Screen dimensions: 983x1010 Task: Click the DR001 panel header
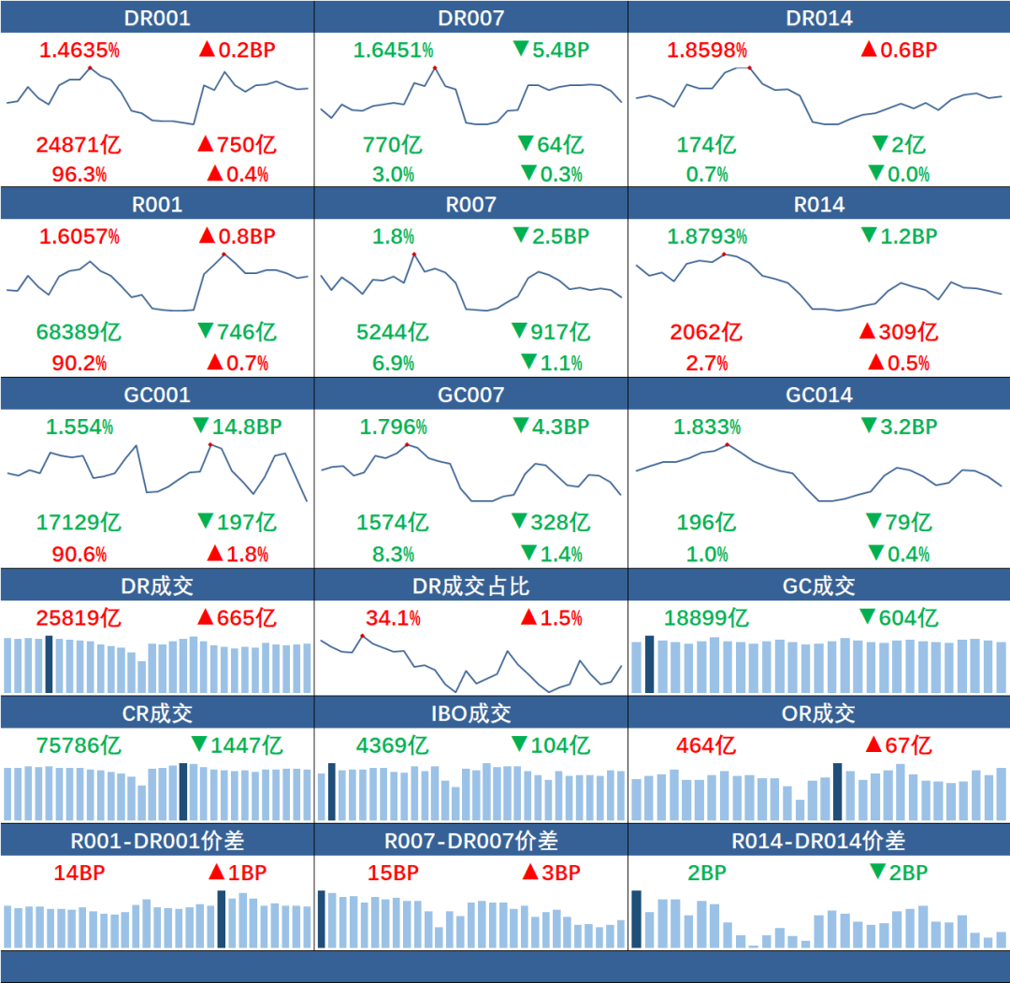coord(157,18)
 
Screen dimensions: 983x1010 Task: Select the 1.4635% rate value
coord(79,51)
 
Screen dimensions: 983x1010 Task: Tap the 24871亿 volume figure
coord(79,145)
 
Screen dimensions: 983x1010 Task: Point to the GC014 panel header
coord(818,395)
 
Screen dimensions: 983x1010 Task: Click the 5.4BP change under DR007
coord(552,51)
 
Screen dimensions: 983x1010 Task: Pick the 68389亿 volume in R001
coord(79,332)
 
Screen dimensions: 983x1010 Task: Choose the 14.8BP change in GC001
coord(237,427)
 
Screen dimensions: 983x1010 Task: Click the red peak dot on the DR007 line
coord(435,67)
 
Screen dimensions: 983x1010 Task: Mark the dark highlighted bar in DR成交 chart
coord(49,664)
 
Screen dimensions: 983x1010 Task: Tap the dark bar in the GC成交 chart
coord(649,664)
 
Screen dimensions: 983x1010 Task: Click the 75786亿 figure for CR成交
coord(79,745)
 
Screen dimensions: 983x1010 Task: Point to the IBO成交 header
coord(470,714)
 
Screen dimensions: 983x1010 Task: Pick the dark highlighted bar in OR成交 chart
coord(837,791)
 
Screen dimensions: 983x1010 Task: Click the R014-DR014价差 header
coord(818,841)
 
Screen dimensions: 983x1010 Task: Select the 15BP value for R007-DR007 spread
coord(393,874)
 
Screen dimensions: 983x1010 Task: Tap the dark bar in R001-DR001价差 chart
coord(222,918)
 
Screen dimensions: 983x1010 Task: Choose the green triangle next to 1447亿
coord(198,745)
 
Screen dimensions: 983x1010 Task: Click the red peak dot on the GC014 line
coord(727,444)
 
